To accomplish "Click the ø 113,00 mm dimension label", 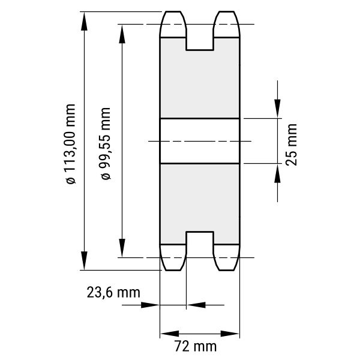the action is tap(70, 144).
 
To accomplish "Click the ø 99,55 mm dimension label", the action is tap(106, 143).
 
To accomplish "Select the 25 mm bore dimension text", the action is tap(292, 145).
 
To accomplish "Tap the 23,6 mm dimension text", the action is tap(113, 293).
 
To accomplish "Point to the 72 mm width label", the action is tap(196, 346).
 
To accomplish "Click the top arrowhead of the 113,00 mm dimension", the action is tap(84, 21).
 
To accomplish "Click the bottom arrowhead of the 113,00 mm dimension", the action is tap(84, 260).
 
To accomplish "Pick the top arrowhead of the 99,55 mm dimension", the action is tap(122, 34).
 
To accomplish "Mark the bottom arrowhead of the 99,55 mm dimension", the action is tap(122, 248).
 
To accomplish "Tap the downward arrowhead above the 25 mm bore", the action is tap(277, 109).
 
